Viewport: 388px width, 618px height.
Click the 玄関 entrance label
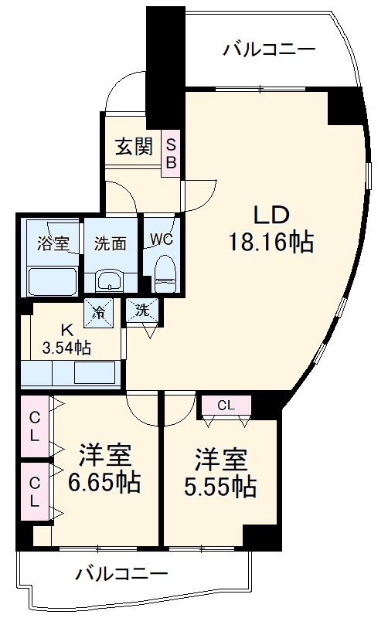[x=134, y=147]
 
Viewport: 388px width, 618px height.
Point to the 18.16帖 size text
[x=271, y=243]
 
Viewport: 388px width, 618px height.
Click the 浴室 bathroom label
[x=53, y=243]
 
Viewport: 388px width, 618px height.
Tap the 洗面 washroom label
[x=110, y=243]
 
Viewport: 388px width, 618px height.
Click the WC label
[x=162, y=238]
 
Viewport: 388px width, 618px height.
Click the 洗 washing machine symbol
[x=142, y=311]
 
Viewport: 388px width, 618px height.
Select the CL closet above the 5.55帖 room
[x=226, y=404]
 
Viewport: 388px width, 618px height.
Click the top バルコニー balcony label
[x=269, y=49]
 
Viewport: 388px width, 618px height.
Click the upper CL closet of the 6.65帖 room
[x=34, y=426]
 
